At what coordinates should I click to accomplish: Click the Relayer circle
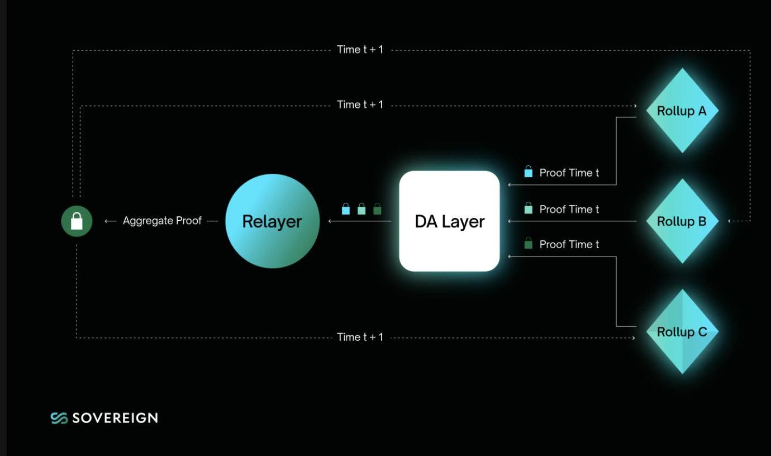pos(272,221)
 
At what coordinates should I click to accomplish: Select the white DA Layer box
pos(449,221)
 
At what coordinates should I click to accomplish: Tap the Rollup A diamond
pos(682,111)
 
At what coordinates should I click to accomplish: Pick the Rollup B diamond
pos(682,221)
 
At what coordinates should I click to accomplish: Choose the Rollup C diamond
pos(682,332)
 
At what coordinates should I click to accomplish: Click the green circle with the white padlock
pos(77,221)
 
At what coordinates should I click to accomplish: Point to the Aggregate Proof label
pos(162,221)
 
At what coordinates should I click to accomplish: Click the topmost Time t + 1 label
pos(360,50)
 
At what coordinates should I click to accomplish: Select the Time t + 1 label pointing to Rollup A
pos(360,104)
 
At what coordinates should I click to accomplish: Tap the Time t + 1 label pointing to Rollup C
pos(360,337)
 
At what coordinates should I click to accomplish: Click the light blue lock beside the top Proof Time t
pos(528,172)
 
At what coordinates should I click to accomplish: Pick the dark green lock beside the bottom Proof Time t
pos(528,244)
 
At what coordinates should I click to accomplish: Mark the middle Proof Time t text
pos(569,209)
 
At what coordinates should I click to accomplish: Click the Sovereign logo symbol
pos(59,418)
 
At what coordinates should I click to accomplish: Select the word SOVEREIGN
pos(115,418)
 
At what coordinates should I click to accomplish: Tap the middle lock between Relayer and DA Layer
pos(361,209)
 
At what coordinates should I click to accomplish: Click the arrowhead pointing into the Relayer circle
pos(331,221)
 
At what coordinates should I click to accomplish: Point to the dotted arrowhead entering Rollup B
pos(730,221)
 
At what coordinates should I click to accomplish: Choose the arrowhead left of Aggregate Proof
pos(108,221)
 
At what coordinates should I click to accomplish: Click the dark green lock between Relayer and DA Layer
pos(377,209)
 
